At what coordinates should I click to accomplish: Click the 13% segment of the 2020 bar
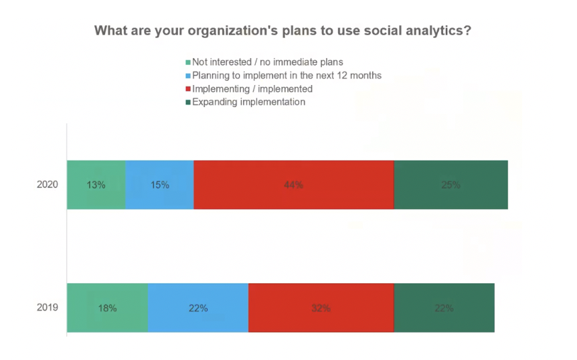point(96,185)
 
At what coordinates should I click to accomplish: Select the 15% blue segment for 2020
point(160,185)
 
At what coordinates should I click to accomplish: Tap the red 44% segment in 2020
point(294,185)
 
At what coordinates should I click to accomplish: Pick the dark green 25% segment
point(450,185)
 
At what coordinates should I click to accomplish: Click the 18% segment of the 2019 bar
point(108,308)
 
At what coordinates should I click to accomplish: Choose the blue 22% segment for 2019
point(198,308)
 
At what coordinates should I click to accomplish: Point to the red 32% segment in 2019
point(321,308)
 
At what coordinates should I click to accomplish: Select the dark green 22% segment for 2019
point(444,308)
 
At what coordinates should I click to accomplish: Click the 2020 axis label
point(48,184)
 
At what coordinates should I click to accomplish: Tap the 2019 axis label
point(48,307)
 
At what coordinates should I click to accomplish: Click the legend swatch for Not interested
point(188,62)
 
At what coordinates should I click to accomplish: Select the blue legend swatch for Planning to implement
point(188,76)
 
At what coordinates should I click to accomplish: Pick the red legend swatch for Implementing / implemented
point(188,89)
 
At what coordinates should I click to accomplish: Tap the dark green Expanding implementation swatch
point(188,102)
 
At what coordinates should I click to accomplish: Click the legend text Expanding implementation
point(249,102)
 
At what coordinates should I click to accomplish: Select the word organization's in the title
point(233,31)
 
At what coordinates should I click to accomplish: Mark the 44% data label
point(294,185)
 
